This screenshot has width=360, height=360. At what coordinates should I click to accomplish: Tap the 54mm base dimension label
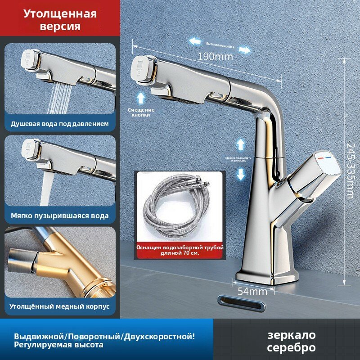click(249, 291)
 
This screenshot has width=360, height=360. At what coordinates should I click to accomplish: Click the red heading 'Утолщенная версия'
click(60, 20)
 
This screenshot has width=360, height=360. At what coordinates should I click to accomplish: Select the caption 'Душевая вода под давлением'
click(60, 123)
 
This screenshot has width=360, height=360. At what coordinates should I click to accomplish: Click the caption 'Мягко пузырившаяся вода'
click(60, 216)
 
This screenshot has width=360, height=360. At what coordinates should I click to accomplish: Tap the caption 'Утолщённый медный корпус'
click(60, 306)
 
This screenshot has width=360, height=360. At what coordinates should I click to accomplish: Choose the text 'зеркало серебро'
click(291, 341)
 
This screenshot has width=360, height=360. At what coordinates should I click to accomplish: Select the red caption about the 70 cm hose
click(180, 250)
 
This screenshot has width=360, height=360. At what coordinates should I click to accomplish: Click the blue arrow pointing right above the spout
click(244, 49)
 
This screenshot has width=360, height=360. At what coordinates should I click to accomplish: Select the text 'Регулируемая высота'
click(58, 345)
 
